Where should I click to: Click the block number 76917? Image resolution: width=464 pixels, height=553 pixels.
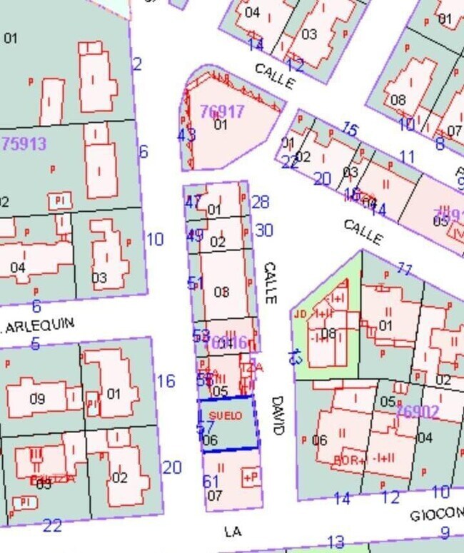[222, 112]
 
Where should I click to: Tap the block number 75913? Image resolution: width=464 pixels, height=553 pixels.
[25, 143]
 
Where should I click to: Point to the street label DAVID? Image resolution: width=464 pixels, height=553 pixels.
[277, 415]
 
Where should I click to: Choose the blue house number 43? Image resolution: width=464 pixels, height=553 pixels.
[186, 135]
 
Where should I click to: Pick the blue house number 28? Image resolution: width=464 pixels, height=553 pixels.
[261, 203]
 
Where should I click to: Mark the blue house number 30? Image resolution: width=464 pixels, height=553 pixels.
[263, 230]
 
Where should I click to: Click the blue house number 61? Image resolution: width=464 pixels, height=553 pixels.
[211, 482]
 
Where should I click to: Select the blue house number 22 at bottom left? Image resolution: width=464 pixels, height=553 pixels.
[52, 526]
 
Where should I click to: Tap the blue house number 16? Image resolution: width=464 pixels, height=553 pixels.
[166, 381]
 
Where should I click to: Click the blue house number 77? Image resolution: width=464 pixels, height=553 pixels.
[405, 270]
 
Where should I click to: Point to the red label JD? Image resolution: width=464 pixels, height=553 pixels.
[300, 313]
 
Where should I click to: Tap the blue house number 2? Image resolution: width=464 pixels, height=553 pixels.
[138, 65]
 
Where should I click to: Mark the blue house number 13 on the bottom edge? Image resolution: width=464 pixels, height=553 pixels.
[336, 542]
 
